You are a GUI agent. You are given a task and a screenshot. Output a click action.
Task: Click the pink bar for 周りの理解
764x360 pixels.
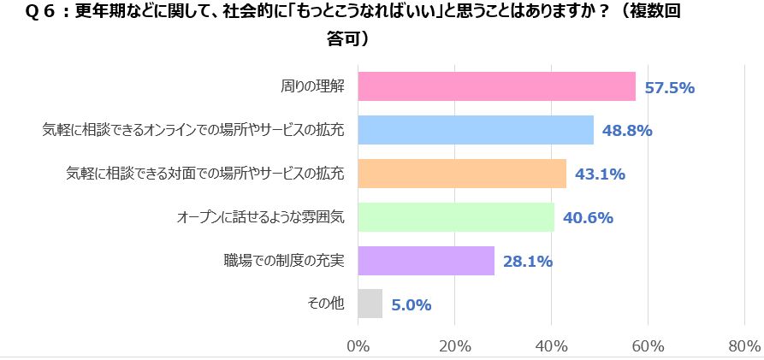click(496, 86)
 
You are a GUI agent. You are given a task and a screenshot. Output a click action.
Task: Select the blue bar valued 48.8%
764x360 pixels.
click(476, 130)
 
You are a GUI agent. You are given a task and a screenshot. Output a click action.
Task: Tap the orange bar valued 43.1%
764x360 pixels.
click(462, 174)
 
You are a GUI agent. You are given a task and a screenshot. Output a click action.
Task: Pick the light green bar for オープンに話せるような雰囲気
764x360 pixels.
click(456, 217)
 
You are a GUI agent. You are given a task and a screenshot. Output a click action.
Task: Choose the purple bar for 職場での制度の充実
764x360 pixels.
click(426, 261)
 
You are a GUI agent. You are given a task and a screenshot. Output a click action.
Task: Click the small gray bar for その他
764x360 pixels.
click(370, 304)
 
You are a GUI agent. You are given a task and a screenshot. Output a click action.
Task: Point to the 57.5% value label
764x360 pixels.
click(669, 87)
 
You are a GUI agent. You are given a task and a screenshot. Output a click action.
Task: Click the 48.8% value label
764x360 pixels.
click(627, 131)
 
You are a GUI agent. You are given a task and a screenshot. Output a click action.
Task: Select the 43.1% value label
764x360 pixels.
click(600, 174)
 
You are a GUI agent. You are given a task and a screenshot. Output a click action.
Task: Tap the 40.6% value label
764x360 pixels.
click(588, 217)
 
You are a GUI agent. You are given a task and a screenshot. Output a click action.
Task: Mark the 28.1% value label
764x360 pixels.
click(527, 261)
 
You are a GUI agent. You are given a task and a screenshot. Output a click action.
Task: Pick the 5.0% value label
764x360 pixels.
click(411, 304)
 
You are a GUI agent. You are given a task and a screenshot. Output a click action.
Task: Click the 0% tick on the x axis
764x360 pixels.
click(358, 346)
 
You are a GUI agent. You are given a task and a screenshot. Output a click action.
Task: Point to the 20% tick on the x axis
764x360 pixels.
click(454, 346)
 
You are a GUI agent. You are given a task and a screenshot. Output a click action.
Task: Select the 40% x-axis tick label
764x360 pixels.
click(552, 346)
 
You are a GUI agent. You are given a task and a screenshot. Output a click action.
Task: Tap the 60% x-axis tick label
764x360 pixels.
click(649, 346)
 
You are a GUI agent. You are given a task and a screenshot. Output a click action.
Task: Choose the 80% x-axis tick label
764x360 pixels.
click(744, 346)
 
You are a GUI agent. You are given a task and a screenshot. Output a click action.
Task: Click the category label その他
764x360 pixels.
click(327, 304)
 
